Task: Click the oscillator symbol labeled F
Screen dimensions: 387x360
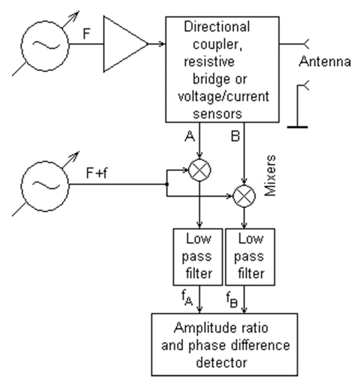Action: [45, 45]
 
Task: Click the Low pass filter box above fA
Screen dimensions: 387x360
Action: [198, 257]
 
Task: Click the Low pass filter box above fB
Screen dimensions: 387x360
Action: [250, 257]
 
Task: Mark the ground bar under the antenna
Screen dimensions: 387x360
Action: [297, 127]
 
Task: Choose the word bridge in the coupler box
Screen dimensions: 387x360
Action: [209, 79]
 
